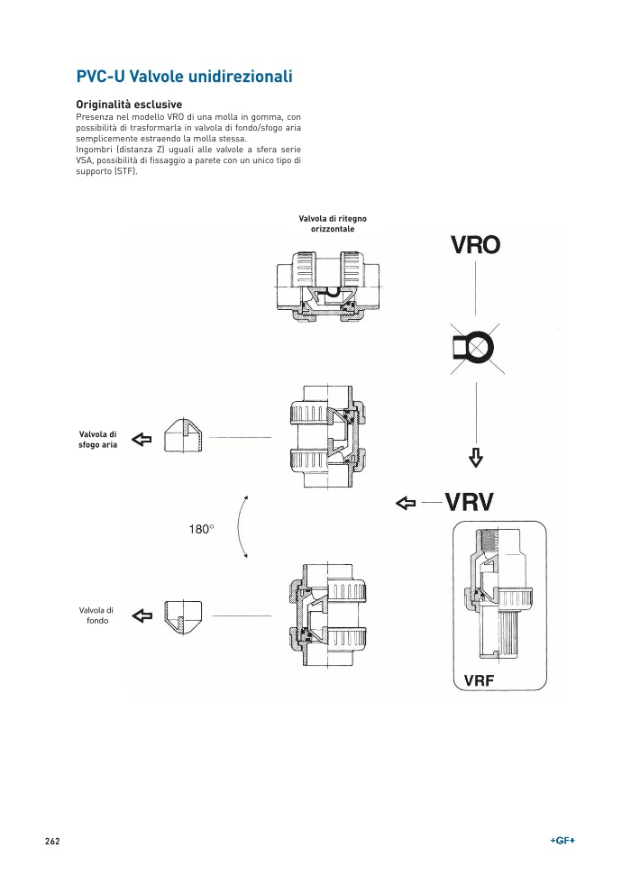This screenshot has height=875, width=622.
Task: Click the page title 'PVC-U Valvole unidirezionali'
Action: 184,77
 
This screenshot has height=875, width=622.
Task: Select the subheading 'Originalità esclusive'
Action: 129,105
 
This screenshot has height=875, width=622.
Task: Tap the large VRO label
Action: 475,244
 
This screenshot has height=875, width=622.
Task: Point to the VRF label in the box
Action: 479,680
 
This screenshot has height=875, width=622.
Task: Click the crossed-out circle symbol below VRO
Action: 475,345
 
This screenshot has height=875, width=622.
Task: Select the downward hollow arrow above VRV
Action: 476,458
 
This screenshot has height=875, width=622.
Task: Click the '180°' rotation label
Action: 201,530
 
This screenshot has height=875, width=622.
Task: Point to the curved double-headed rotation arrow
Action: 241,527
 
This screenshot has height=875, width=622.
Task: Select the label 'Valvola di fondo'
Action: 96,615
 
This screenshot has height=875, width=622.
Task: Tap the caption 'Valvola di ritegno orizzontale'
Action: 333,223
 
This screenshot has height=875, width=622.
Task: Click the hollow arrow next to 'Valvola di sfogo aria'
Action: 142,439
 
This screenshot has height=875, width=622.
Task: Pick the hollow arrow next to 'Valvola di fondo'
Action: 142,615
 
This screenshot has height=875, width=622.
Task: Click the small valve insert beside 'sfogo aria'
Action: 184,436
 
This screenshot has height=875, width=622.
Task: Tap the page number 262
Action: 52,841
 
